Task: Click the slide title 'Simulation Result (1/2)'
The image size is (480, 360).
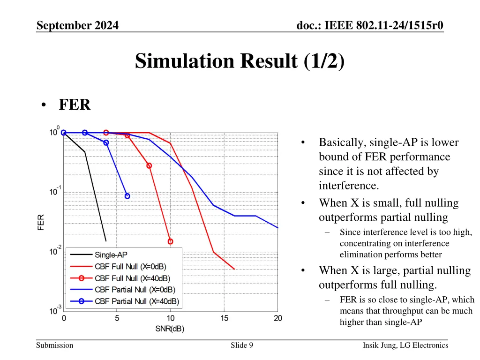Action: [240, 61]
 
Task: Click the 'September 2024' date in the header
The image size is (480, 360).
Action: [77, 26]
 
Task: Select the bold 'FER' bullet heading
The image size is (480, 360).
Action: [75, 105]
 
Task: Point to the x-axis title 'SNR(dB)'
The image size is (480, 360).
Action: [170, 329]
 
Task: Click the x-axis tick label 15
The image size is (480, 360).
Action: [225, 319]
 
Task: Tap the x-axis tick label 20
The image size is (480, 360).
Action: [278, 319]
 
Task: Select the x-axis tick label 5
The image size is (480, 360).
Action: [117, 319]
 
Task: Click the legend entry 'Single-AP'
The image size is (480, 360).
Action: [111, 255]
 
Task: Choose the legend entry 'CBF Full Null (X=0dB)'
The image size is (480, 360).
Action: [130, 267]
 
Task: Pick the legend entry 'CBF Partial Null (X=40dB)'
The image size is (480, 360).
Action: [137, 301]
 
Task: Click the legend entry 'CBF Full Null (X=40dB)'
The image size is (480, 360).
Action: [132, 278]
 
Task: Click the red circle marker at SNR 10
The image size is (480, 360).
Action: [170, 241]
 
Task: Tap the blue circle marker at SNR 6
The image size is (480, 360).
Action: [127, 196]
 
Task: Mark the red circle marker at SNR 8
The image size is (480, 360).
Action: [149, 165]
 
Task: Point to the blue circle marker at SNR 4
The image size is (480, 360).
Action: [106, 142]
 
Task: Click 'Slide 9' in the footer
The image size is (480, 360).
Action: [242, 345]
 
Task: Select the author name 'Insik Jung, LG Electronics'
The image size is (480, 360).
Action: [405, 345]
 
